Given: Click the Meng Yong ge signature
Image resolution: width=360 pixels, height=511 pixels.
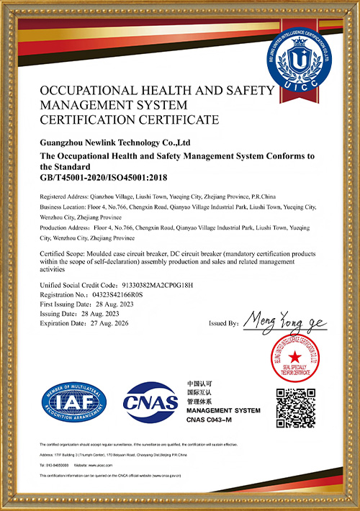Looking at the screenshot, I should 284,320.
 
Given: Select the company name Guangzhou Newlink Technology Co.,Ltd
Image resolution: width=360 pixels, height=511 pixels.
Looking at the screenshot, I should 114,143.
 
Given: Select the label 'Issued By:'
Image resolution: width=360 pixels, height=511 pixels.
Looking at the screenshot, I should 222,324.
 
